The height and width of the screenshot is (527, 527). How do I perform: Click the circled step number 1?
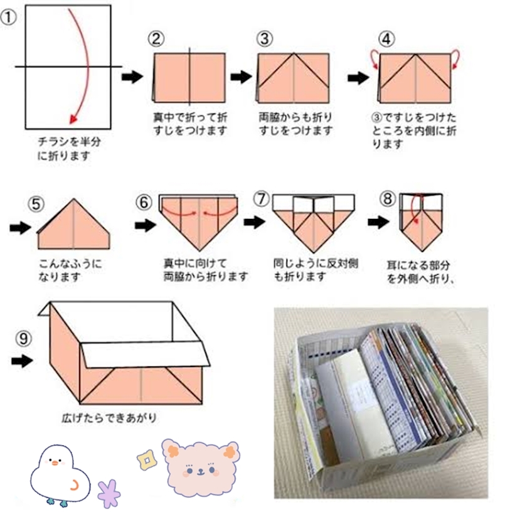click(x=8, y=18)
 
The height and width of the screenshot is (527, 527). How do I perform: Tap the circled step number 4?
click(x=386, y=39)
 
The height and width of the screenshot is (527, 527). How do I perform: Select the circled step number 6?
click(x=144, y=202)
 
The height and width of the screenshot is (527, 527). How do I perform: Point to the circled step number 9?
click(x=24, y=339)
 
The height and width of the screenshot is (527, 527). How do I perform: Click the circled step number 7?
click(x=262, y=199)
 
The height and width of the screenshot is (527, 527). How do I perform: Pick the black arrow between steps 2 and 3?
click(x=241, y=77)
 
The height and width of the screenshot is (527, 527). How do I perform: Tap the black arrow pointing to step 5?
click(x=20, y=228)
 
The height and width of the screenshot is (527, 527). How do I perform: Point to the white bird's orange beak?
click(x=55, y=464)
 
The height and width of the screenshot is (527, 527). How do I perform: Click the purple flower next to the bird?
click(x=109, y=493)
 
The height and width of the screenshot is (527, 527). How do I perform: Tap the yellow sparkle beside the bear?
click(x=147, y=460)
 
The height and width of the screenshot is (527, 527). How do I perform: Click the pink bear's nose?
click(x=201, y=471)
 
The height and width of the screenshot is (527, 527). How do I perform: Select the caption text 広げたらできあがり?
click(x=109, y=418)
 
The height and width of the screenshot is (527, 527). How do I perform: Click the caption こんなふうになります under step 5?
click(x=70, y=270)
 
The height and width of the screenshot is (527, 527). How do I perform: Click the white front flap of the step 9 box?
click(x=145, y=354)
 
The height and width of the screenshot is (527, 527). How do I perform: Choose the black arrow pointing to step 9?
click(x=22, y=361)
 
